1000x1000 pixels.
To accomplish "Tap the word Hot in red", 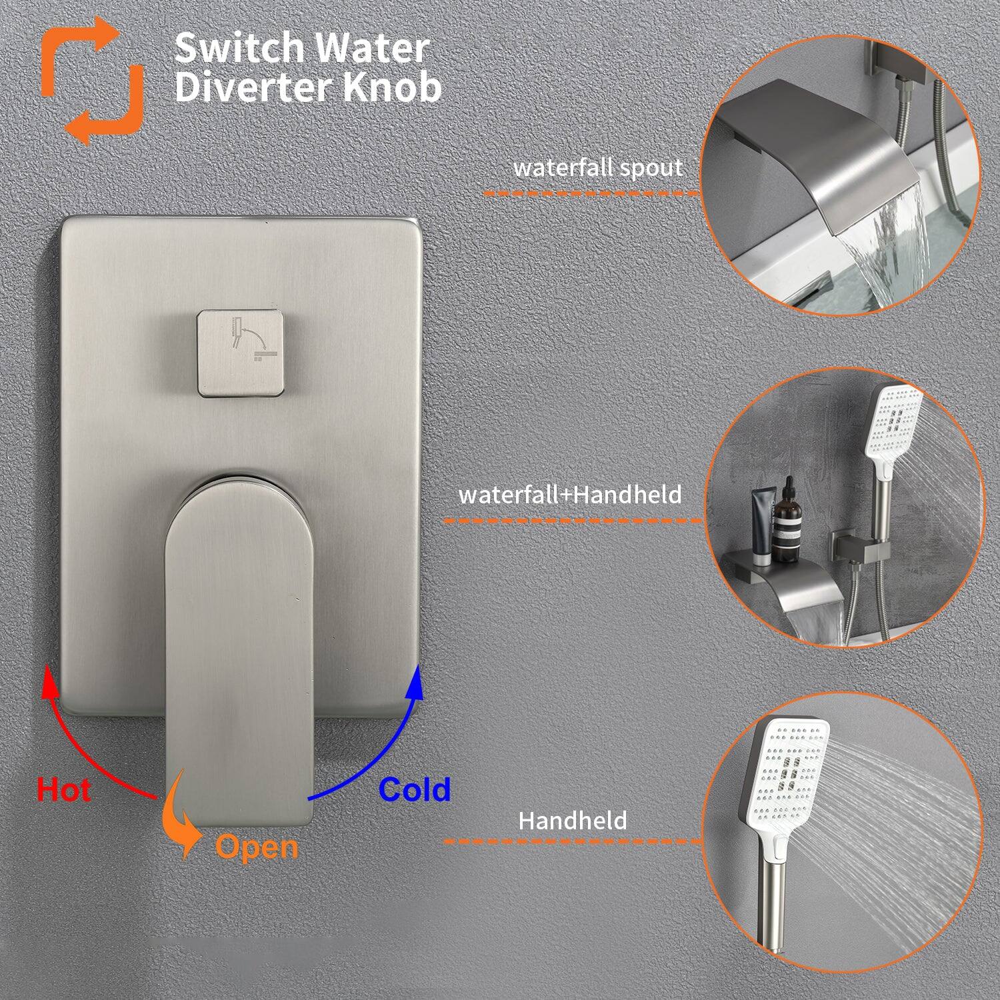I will coord(64,790).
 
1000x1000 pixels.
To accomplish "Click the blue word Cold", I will coord(415,789).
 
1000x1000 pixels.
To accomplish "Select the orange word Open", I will coord(257,847).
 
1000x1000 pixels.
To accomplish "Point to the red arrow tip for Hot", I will coord(47,672).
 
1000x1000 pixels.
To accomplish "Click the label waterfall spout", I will coord(597,167).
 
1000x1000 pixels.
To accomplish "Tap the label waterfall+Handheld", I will coord(570,495).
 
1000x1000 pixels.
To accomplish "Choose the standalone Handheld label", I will coord(573,820).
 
